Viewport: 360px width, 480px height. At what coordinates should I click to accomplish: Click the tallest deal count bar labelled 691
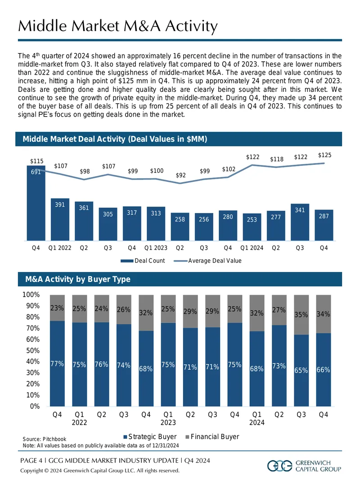(x=36, y=203)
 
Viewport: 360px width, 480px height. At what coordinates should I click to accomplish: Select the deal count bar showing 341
(x=300, y=222)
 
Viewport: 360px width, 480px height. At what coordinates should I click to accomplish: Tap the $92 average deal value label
(x=180, y=175)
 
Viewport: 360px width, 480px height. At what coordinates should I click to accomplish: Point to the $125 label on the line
(x=324, y=155)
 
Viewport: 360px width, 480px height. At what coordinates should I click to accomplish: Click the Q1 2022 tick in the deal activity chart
(x=60, y=248)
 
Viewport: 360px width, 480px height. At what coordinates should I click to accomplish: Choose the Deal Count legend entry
(x=143, y=261)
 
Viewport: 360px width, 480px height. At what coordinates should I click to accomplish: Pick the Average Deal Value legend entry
(x=208, y=261)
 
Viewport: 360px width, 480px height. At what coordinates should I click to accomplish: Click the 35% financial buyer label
(x=301, y=315)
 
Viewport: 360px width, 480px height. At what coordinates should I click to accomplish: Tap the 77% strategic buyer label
(x=57, y=364)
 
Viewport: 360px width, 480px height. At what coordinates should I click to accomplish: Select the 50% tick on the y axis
(x=33, y=350)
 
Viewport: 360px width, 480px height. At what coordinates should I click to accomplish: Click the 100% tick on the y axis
(x=31, y=294)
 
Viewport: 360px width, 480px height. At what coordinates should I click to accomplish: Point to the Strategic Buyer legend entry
(x=150, y=436)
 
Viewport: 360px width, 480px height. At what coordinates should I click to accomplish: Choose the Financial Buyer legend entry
(x=212, y=436)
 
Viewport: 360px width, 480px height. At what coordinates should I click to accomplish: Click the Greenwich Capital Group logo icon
(x=280, y=466)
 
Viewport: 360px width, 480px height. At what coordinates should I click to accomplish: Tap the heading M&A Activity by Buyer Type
(x=78, y=279)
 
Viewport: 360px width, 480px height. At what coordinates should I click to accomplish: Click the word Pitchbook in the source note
(x=54, y=439)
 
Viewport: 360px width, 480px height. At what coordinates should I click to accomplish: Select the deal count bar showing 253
(x=252, y=227)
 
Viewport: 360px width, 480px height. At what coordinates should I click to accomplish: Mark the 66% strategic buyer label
(x=323, y=370)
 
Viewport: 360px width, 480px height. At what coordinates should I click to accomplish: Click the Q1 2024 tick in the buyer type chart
(x=257, y=418)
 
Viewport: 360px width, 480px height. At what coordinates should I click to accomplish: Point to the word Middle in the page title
(x=42, y=26)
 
